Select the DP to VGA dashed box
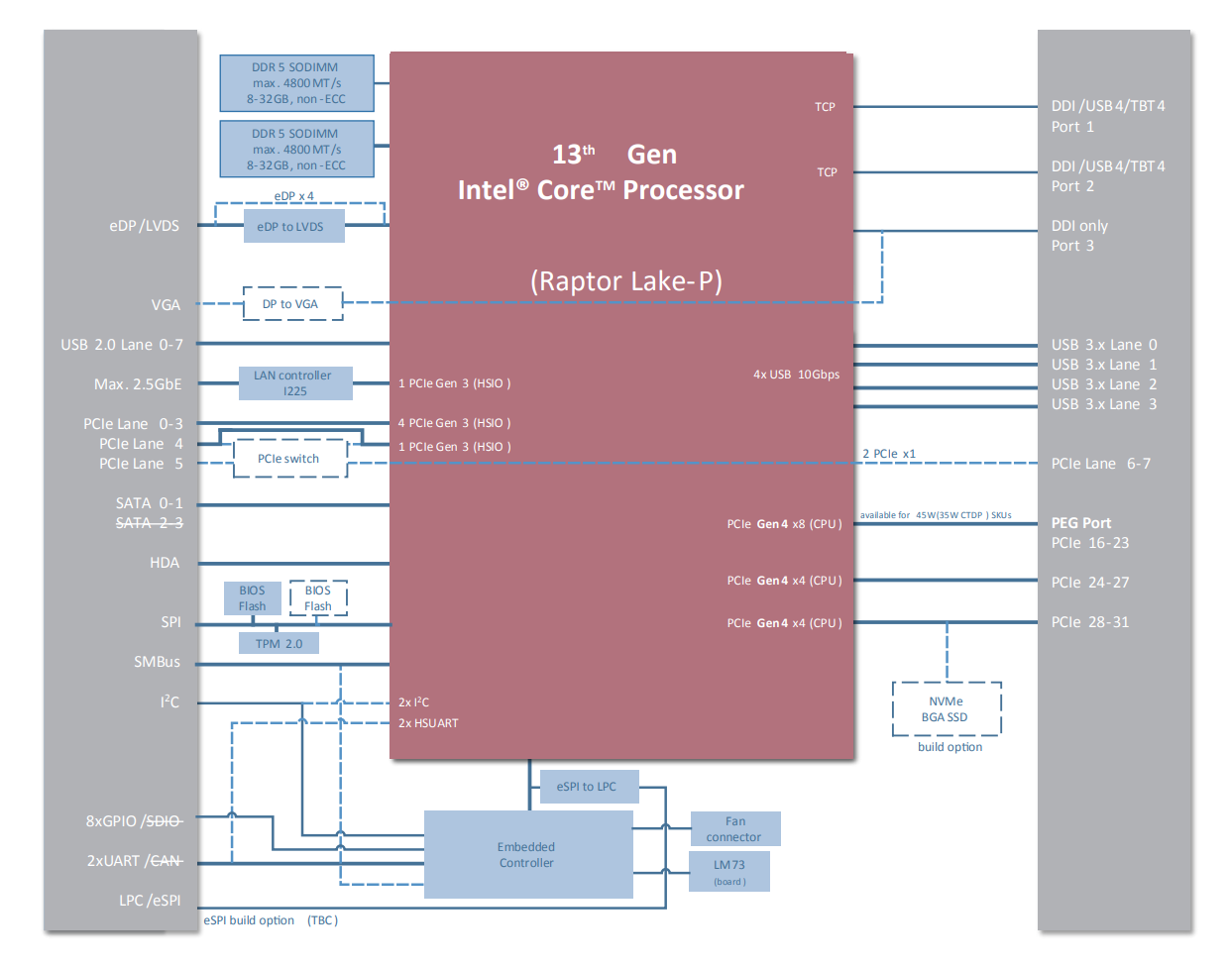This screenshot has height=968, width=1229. point(292,304)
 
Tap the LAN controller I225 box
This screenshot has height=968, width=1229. point(295,383)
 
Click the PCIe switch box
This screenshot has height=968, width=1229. point(289,459)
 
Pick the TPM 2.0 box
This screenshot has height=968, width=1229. point(279,644)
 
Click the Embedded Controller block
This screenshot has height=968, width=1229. point(527,855)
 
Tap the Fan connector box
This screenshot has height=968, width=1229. point(734,829)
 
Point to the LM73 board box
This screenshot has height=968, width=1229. point(729,872)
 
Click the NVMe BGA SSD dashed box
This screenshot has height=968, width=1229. point(946,709)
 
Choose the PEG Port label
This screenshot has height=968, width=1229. point(1081,523)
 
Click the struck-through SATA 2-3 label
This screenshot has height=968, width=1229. point(149,523)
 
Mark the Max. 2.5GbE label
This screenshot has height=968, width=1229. point(138,384)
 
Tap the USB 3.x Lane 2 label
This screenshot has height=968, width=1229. point(1103,384)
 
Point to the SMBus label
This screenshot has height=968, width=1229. point(157,662)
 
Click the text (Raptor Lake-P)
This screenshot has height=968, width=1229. point(626,281)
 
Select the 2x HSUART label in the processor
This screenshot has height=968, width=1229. point(428,723)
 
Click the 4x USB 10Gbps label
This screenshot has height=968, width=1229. point(796,375)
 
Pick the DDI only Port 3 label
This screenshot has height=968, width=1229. point(1079,236)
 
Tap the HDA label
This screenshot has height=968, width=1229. point(165,563)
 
